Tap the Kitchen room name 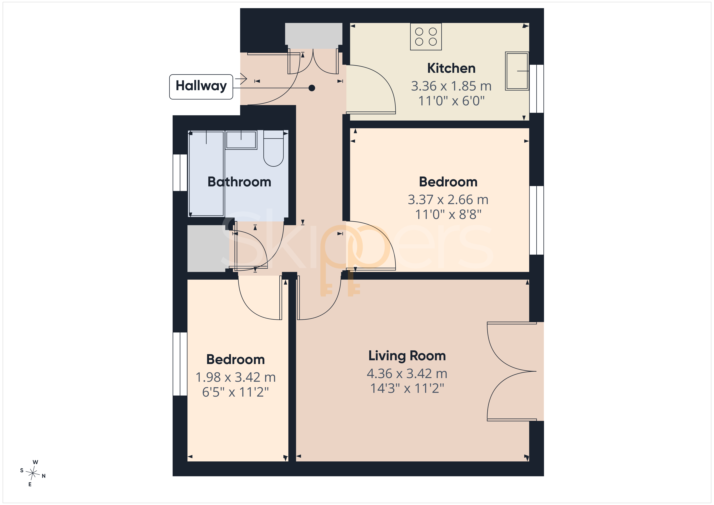(x=451, y=68)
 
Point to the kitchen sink (x=517, y=71)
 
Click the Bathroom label (x=239, y=182)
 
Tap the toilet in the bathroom (x=273, y=148)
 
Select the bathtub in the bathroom (x=206, y=173)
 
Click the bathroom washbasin (x=241, y=140)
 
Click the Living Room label (x=407, y=356)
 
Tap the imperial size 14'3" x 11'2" (x=407, y=388)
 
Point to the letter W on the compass (x=35, y=462)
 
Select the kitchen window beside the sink (x=536, y=89)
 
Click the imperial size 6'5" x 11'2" (x=235, y=392)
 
